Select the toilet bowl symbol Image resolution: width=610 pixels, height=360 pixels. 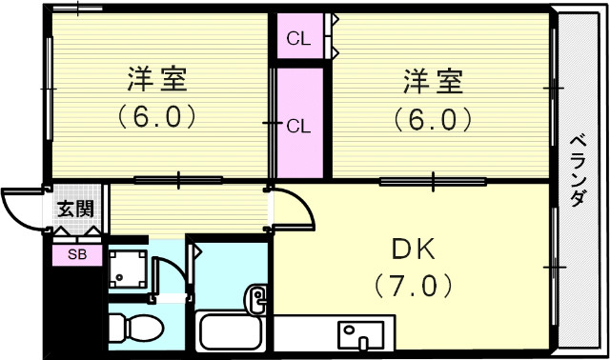click(x=132, y=328)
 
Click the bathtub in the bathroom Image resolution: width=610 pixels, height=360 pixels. click(x=232, y=331)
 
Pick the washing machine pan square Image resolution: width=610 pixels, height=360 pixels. click(x=128, y=270)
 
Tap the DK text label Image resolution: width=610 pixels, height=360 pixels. click(x=413, y=250)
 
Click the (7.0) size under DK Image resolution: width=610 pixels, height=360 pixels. click(x=413, y=284)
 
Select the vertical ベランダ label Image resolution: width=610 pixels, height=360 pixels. click(x=578, y=171)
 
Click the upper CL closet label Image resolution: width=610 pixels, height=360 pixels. click(x=298, y=39)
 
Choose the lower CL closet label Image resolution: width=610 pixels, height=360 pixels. click(x=298, y=125)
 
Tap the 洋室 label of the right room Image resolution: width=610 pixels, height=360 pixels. click(x=433, y=82)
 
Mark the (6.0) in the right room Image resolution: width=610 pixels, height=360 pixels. click(x=433, y=119)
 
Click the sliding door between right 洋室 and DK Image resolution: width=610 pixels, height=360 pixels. click(x=435, y=180)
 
